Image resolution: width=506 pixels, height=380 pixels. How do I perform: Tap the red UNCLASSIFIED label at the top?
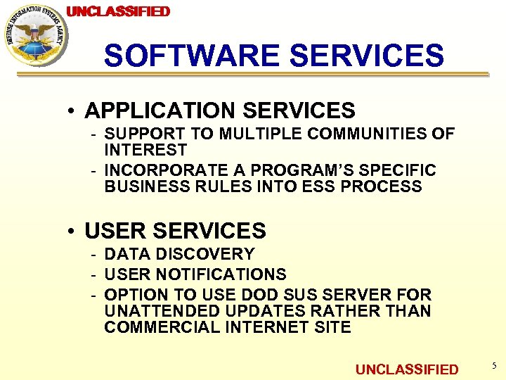click(118, 11)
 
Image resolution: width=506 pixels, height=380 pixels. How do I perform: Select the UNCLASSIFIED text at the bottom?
click(407, 369)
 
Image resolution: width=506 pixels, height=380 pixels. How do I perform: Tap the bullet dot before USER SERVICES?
click(72, 231)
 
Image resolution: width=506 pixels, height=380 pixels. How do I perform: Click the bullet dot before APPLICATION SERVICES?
click(72, 110)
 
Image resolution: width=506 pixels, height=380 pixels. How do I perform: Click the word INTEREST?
click(145, 150)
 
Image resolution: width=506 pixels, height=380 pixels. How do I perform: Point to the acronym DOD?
click(261, 294)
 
